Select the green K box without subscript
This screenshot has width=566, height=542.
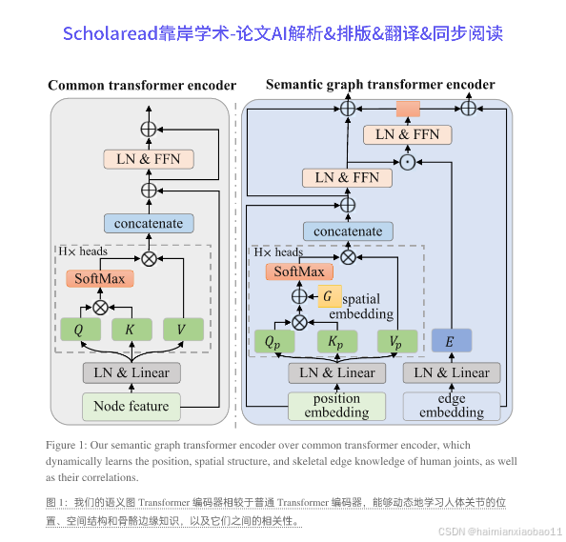(131, 331)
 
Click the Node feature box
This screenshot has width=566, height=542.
(131, 406)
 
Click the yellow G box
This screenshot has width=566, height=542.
(329, 296)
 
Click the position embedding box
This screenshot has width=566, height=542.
(336, 406)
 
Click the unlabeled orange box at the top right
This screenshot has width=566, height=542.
(409, 110)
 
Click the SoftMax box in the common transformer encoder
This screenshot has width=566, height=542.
(100, 279)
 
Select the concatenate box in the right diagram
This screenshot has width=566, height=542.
(348, 231)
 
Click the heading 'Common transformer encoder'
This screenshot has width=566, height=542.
(141, 86)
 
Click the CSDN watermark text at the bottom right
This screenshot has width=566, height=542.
(494, 530)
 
